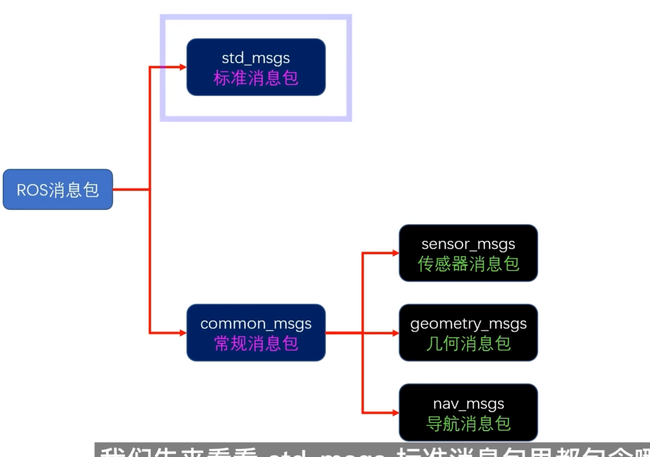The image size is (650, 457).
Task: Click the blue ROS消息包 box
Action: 58,189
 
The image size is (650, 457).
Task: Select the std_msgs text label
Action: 255,58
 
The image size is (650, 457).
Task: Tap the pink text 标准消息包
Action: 255,78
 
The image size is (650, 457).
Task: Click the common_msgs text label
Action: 255,324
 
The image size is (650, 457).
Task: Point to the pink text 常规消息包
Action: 255,344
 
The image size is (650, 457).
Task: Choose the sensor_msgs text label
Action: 468,244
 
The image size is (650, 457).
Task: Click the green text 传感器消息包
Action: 468,264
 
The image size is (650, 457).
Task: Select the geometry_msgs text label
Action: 468,324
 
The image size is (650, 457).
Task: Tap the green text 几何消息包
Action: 468,344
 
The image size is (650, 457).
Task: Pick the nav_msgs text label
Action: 468,404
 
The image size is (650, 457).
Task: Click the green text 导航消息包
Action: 468,424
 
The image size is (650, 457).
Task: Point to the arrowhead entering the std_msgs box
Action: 183,67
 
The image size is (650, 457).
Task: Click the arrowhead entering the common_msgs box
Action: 183,333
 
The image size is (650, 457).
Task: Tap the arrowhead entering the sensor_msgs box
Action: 395,253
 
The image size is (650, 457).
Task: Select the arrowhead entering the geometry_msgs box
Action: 395,333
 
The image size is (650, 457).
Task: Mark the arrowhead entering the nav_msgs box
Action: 395,413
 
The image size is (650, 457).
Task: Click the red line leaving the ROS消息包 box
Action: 131,189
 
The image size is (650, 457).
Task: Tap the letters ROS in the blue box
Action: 32,190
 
